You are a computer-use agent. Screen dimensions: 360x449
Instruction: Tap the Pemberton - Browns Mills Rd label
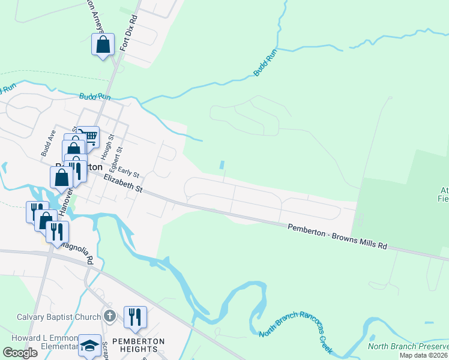pyautogui.click(x=337, y=237)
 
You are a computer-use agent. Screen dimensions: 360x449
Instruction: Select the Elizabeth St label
pyautogui.click(x=122, y=184)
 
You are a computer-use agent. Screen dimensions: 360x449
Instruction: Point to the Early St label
pyautogui.click(x=128, y=172)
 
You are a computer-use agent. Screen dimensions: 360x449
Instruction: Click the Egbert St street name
pyautogui.click(x=118, y=157)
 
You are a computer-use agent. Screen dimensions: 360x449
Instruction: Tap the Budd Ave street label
pyautogui.click(x=48, y=143)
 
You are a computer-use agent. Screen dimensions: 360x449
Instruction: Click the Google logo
pyautogui.click(x=20, y=353)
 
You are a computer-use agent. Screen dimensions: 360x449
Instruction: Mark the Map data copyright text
pyautogui.click(x=424, y=355)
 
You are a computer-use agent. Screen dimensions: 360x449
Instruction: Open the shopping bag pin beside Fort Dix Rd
pyautogui.click(x=103, y=44)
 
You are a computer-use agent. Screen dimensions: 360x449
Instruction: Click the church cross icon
pyautogui.click(x=109, y=316)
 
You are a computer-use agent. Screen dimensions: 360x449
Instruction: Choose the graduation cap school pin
pyautogui.click(x=89, y=346)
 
